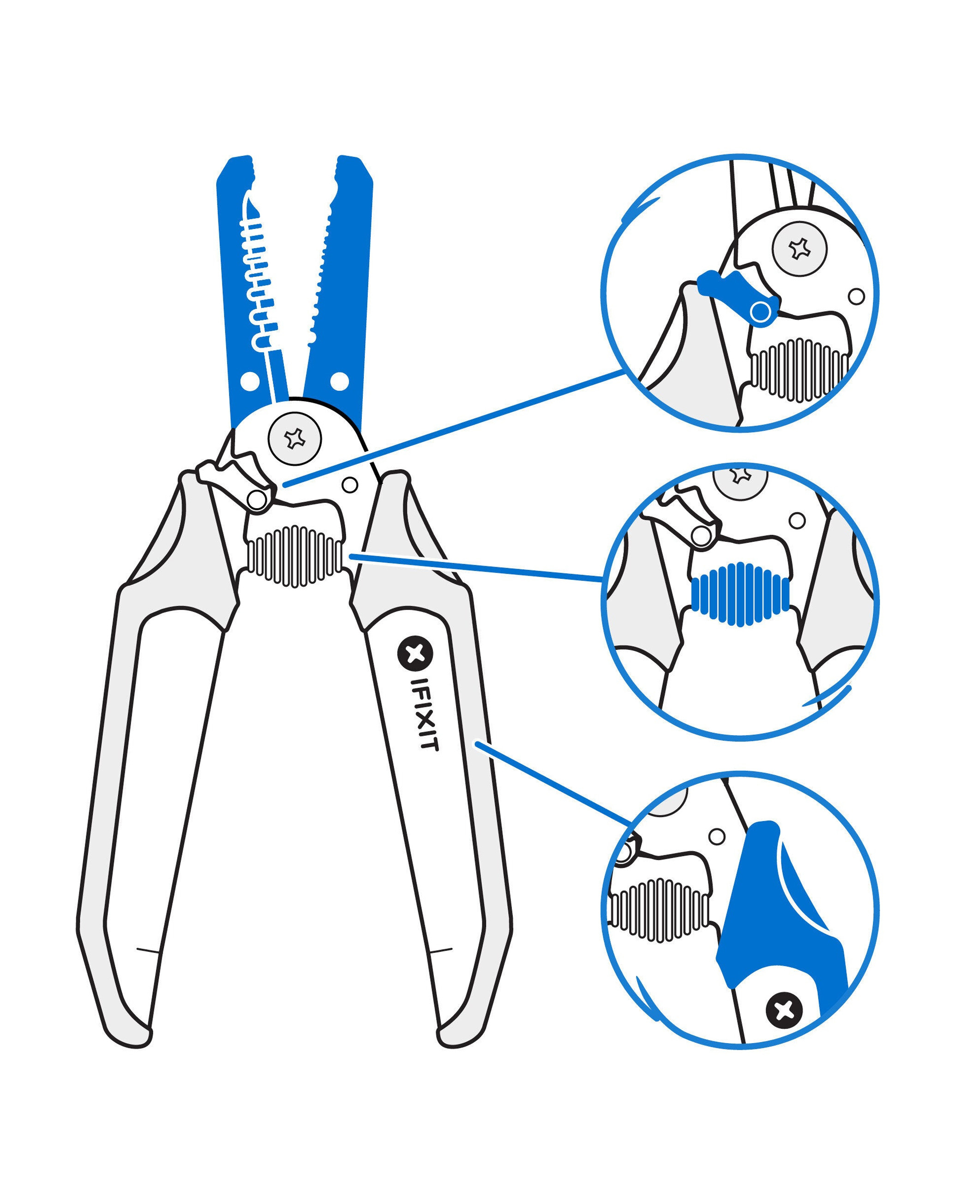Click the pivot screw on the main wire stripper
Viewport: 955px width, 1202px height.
tap(294, 438)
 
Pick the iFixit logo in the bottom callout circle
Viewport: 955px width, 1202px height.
tap(784, 1010)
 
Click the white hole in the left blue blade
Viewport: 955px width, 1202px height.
tap(250, 382)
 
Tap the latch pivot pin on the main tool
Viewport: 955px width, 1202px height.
tap(257, 499)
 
